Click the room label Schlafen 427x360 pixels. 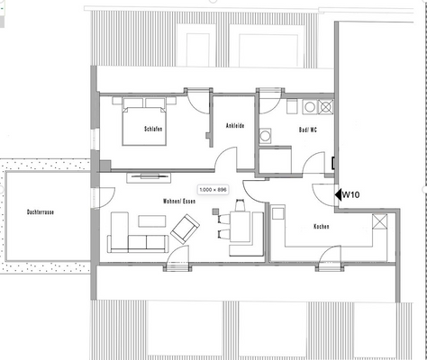click(153, 130)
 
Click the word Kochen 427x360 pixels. click(322, 226)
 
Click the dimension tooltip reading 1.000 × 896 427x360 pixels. click(214, 189)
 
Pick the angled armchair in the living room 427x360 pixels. click(184, 231)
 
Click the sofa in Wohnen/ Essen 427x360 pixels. click(135, 239)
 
